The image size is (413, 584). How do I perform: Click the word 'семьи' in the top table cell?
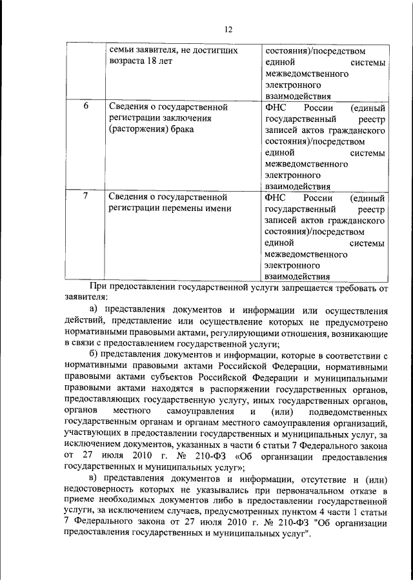(121, 50)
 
